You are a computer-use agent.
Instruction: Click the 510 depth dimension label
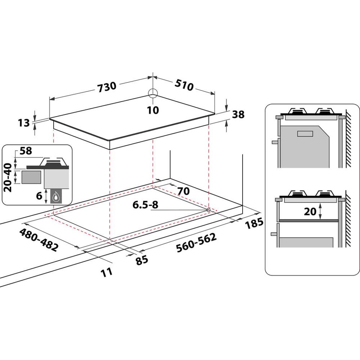[x=184, y=85]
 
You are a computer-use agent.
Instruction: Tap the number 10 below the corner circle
[x=153, y=110]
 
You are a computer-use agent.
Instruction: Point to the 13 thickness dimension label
[x=24, y=122]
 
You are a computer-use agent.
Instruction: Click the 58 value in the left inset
[x=25, y=151]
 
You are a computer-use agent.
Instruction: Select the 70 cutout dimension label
[x=183, y=191]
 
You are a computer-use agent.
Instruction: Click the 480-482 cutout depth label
[x=39, y=240]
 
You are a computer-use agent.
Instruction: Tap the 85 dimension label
[x=142, y=260]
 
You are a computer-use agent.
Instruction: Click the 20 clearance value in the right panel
[x=310, y=211]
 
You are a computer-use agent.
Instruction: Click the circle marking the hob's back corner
[x=153, y=93]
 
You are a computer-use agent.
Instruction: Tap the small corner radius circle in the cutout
[x=208, y=210]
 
